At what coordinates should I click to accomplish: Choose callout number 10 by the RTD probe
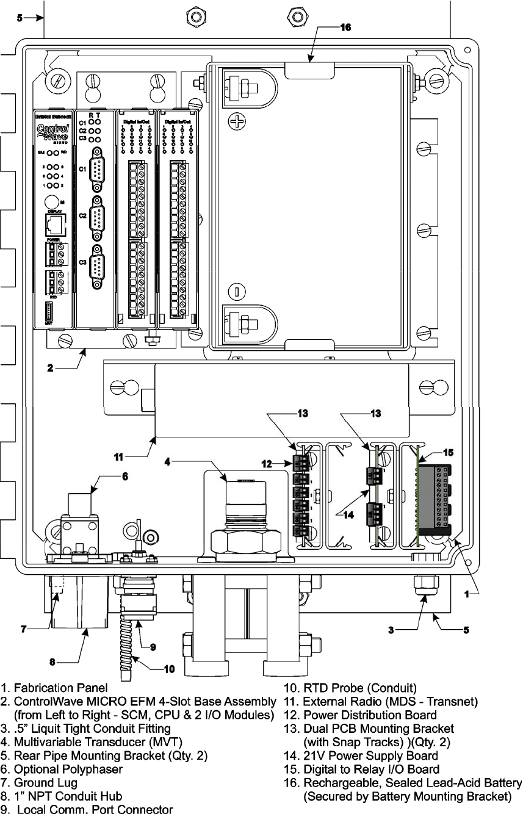tap(169, 668)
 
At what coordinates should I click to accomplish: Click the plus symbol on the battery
tap(237, 123)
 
